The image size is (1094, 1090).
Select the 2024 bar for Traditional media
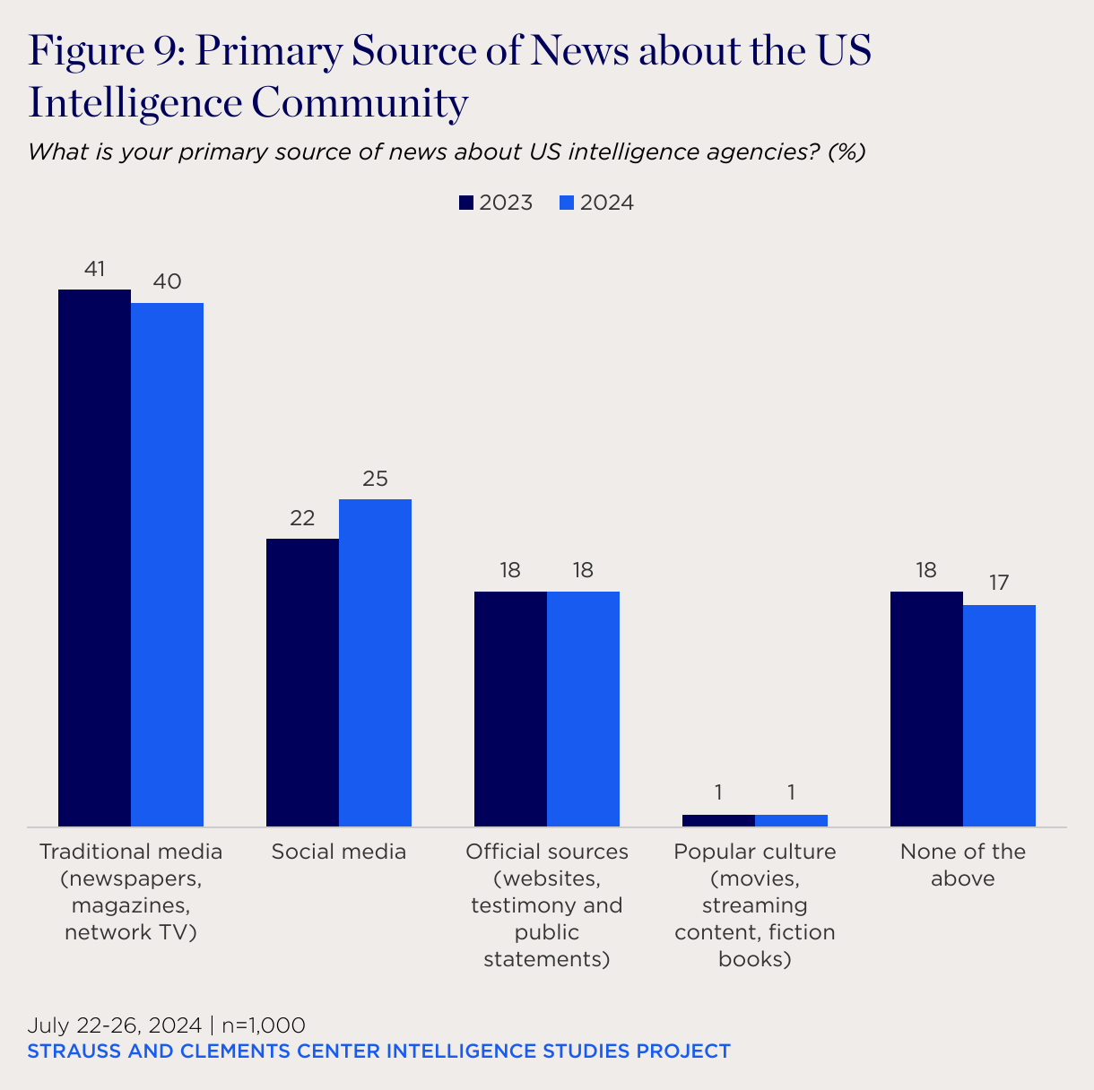167,565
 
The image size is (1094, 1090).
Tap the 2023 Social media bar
302,682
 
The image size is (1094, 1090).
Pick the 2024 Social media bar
375,662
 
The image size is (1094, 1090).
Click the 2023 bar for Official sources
510,708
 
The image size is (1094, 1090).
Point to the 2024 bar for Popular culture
791,820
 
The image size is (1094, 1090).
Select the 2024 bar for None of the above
999,715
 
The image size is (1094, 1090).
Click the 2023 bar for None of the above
926,708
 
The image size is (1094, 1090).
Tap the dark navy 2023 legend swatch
466,203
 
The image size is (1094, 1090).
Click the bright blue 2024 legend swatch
567,203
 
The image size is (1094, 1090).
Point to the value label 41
95,268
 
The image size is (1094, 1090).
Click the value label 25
375,479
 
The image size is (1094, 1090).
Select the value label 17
999,584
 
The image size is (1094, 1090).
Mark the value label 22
302,518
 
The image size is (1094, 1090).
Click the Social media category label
339,852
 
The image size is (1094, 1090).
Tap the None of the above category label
963,865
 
